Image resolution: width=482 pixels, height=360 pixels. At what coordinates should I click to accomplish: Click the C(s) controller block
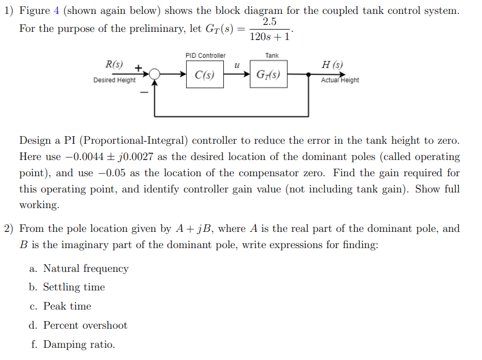click(205, 75)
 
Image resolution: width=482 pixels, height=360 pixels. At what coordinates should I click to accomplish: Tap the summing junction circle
click(154, 74)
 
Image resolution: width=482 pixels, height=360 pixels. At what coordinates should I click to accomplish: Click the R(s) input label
click(114, 64)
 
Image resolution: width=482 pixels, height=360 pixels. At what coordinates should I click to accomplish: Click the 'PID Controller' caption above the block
click(205, 56)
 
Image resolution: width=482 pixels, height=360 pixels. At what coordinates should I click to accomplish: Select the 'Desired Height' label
click(114, 81)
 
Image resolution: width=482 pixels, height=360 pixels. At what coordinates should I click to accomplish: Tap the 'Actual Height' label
click(340, 81)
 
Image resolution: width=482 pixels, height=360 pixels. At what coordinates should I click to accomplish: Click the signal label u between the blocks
click(237, 67)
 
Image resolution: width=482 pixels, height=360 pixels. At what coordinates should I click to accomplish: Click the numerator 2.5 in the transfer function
click(269, 22)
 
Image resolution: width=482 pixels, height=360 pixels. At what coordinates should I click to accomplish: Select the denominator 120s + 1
click(269, 36)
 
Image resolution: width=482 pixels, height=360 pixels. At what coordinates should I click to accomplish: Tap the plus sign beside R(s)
click(139, 67)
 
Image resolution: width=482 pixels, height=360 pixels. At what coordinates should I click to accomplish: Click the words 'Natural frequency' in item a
click(86, 268)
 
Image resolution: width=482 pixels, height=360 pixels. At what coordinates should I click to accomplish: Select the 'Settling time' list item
click(74, 287)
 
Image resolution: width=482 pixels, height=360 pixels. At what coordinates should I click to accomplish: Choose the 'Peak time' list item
click(67, 306)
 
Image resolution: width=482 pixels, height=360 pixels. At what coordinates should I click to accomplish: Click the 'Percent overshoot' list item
click(85, 325)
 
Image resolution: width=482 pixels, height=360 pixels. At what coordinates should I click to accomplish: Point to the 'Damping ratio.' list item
click(79, 344)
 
